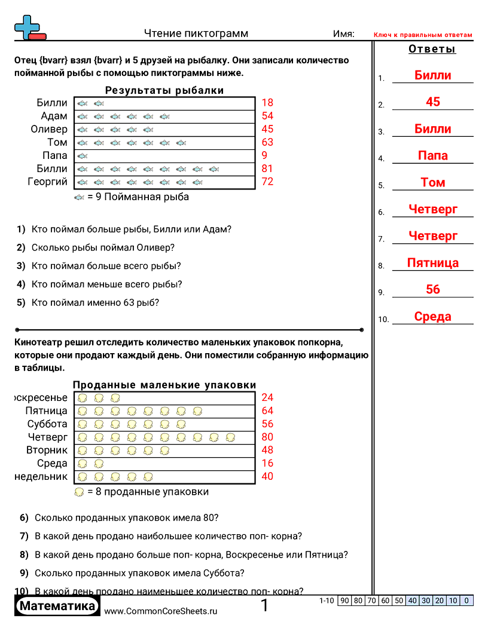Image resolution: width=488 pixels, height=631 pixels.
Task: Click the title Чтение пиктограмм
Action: point(196,33)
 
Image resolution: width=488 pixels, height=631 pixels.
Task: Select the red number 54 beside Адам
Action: point(267,116)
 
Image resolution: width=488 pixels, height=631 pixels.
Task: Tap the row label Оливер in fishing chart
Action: point(49,129)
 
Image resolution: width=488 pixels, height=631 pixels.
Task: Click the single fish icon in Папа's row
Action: point(83,156)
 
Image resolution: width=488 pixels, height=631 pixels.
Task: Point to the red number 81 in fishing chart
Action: point(267,169)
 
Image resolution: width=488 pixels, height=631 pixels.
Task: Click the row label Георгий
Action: point(47,182)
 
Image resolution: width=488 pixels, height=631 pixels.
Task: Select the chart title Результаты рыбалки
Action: point(164,91)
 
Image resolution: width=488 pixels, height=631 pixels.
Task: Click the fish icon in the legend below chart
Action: point(79,197)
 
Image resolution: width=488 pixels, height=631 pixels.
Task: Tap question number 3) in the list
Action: point(21,266)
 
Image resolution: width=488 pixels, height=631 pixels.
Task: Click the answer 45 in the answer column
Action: point(433,102)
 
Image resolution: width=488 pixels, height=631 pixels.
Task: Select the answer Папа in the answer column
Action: point(433,156)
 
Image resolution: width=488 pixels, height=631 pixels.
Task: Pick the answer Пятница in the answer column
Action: point(433,263)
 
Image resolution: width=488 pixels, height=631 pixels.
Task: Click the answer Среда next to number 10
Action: point(433,317)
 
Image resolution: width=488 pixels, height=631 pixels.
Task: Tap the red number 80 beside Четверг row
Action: point(267,437)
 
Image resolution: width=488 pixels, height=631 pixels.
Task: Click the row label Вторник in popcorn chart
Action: point(47,450)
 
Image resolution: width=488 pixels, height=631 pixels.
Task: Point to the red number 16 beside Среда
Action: point(267,463)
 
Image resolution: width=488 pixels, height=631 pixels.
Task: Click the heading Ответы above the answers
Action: point(432,49)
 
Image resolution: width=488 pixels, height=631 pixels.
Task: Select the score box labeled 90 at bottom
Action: point(344,601)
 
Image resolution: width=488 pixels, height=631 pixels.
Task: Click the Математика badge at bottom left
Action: point(57,607)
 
